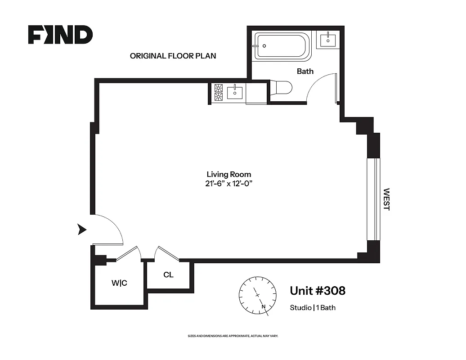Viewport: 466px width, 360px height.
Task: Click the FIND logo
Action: (x=60, y=35)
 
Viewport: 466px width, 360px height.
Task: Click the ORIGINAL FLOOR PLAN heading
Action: (x=173, y=56)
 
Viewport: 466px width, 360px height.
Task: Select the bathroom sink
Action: (x=327, y=40)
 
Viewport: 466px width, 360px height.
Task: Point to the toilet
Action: (x=282, y=87)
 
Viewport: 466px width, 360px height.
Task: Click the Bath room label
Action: (x=305, y=71)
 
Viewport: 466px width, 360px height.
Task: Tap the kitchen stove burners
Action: (x=219, y=93)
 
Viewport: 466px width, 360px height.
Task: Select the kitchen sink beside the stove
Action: (x=235, y=93)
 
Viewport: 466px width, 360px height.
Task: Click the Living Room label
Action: (x=229, y=174)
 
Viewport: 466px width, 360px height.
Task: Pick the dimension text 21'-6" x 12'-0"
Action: (x=229, y=183)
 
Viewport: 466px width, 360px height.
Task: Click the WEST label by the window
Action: (x=386, y=199)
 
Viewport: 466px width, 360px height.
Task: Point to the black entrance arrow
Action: (x=82, y=229)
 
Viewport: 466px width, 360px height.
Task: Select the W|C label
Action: (x=119, y=283)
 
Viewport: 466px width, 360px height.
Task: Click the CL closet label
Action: (x=169, y=275)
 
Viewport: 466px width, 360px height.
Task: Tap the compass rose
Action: (x=257, y=295)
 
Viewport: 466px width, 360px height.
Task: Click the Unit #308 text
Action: (x=318, y=291)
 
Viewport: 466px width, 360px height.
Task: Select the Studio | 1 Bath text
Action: (x=313, y=308)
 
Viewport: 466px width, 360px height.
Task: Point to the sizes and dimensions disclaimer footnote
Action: (x=233, y=336)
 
